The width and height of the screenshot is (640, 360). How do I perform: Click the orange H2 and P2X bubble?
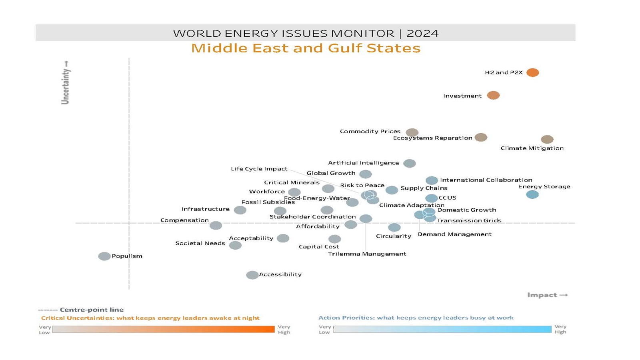[532, 72]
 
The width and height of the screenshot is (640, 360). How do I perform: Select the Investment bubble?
[493, 95]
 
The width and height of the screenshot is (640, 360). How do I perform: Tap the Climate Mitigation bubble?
[547, 139]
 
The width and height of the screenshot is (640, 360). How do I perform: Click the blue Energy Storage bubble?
[532, 194]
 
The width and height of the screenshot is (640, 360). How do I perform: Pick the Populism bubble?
[104, 256]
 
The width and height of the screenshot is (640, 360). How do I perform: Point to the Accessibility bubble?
[252, 275]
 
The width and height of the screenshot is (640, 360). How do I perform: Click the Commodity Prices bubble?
[412, 132]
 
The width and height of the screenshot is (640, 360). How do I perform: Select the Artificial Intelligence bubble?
[409, 163]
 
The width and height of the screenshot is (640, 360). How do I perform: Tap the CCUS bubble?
[431, 198]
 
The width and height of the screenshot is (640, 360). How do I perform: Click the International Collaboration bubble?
[432, 180]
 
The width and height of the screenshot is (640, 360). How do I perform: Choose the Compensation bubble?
[216, 226]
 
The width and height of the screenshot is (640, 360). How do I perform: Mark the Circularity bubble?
[394, 227]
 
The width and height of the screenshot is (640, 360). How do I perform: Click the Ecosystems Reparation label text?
[432, 138]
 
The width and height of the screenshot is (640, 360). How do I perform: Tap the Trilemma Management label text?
[367, 254]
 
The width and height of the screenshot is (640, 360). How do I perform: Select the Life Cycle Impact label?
[259, 169]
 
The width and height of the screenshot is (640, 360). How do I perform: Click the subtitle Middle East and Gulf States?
[306, 48]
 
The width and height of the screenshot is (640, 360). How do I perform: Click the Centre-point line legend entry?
[81, 310]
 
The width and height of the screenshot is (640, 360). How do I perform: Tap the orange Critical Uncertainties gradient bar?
[163, 329]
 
